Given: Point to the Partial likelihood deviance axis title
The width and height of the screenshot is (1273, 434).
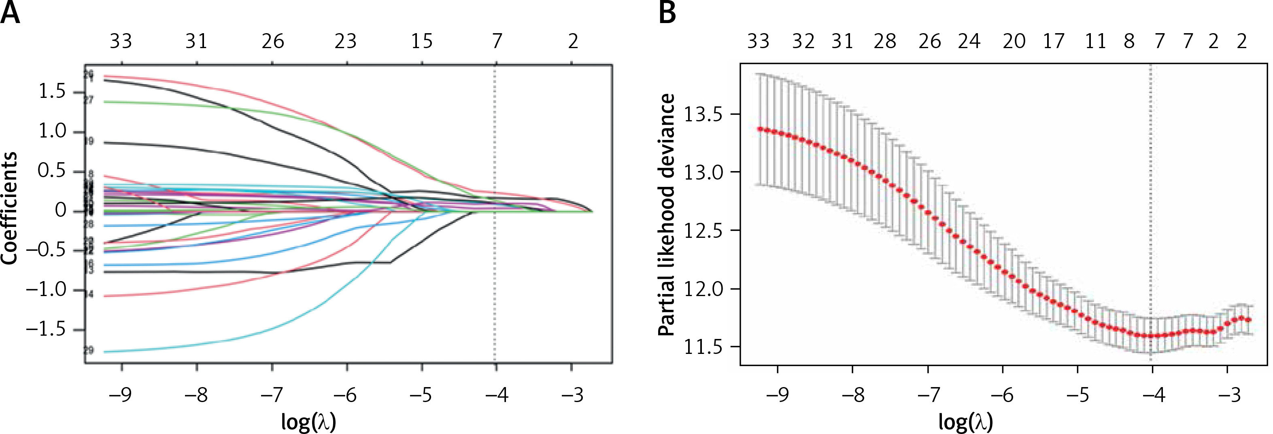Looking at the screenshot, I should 667,215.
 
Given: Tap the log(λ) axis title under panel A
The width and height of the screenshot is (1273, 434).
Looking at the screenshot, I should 308,421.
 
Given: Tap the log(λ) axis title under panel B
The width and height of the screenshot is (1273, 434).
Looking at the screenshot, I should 966,421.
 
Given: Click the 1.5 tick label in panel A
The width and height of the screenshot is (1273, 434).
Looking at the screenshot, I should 52,92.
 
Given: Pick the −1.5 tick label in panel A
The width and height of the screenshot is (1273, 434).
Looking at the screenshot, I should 45,329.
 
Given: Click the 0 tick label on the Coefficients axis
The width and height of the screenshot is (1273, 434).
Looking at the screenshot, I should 60,211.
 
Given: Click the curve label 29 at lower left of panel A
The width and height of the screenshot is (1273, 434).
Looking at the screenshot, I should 89,351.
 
